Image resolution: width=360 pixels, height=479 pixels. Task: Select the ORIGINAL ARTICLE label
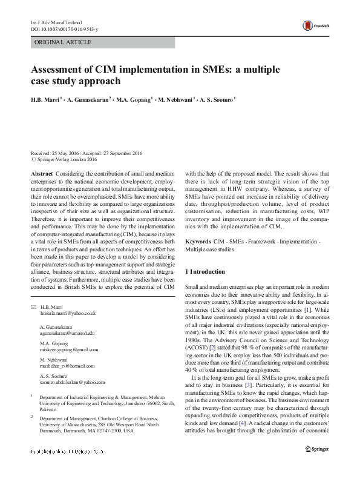tap(64, 42)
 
